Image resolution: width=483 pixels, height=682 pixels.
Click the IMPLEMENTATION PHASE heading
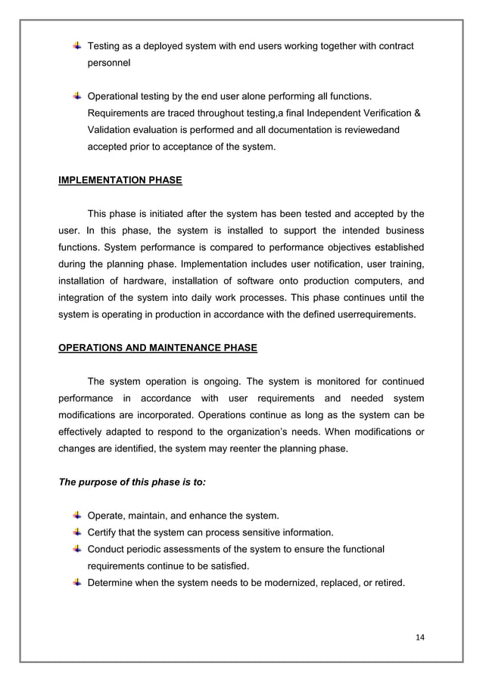[x=120, y=181]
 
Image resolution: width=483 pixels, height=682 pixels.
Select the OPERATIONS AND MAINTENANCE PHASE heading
[x=157, y=348]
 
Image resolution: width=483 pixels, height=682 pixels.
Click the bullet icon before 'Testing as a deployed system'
[x=78, y=47]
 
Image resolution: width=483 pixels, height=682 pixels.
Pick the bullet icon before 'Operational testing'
[x=78, y=96]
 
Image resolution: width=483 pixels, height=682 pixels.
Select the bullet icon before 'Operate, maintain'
[x=78, y=515]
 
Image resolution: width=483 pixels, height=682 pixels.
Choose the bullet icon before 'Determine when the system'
[x=78, y=581]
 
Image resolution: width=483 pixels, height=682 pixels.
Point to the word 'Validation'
[x=112, y=130]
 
